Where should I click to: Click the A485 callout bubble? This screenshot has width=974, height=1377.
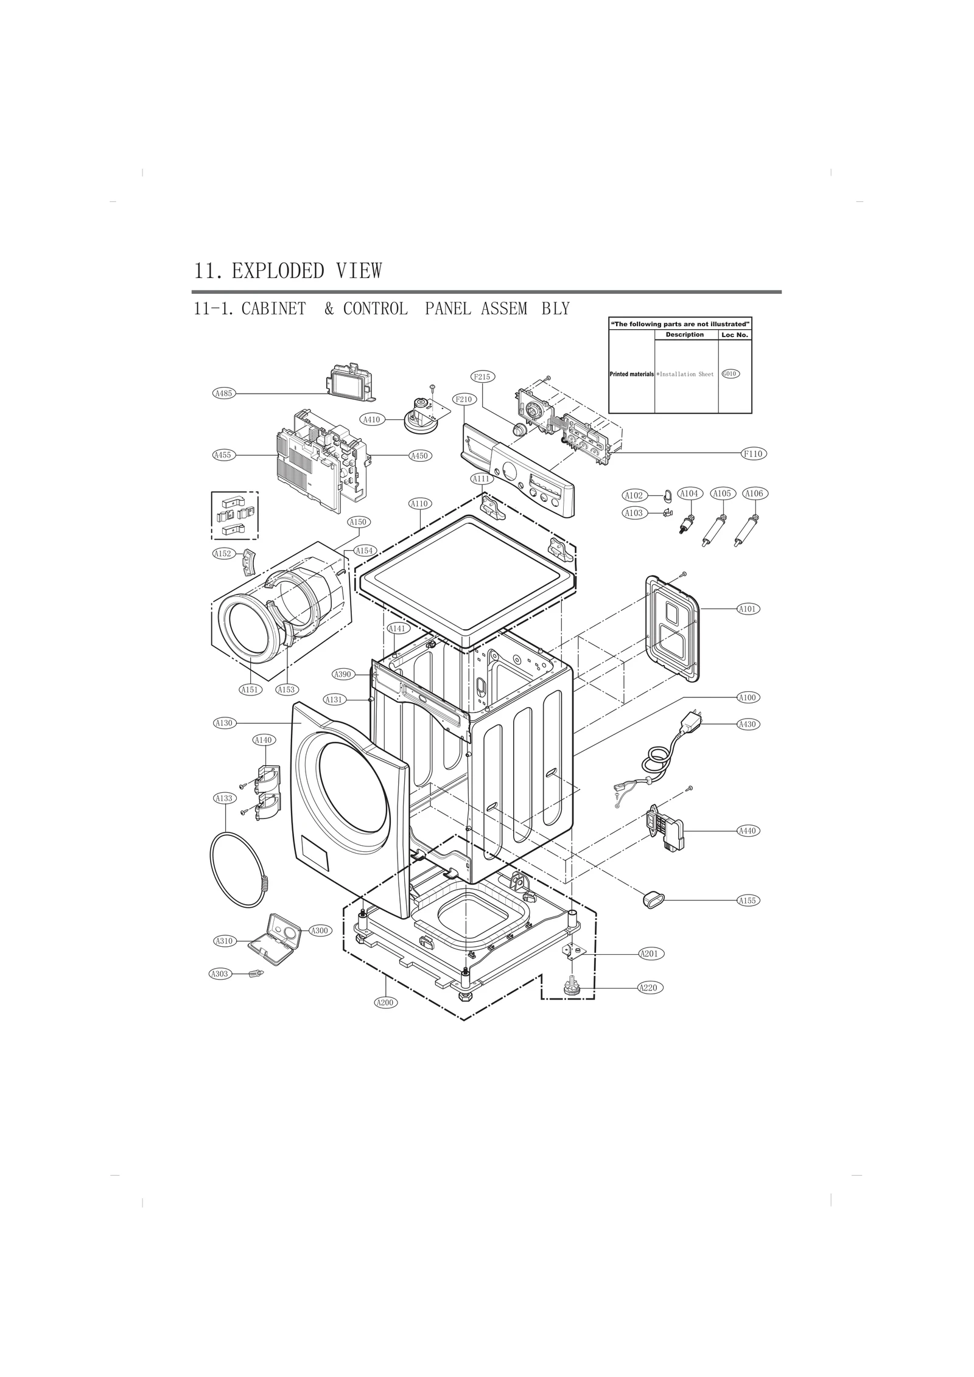[x=224, y=393]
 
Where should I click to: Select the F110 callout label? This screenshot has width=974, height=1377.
[x=753, y=453]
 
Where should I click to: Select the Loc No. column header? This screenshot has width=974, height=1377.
[x=734, y=335]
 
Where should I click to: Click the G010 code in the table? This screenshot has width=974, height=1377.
[x=730, y=374]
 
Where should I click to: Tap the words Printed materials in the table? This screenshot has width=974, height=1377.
[x=631, y=374]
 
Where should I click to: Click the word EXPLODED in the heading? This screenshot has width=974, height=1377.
[x=278, y=271]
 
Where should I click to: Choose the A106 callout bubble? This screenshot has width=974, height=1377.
[x=754, y=493]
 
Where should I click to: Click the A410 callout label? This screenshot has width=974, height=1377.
[x=371, y=419]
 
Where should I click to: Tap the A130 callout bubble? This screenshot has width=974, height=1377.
[x=224, y=723]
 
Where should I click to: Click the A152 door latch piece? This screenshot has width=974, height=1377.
[x=250, y=560]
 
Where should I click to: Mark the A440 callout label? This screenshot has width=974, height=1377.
[x=747, y=831]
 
